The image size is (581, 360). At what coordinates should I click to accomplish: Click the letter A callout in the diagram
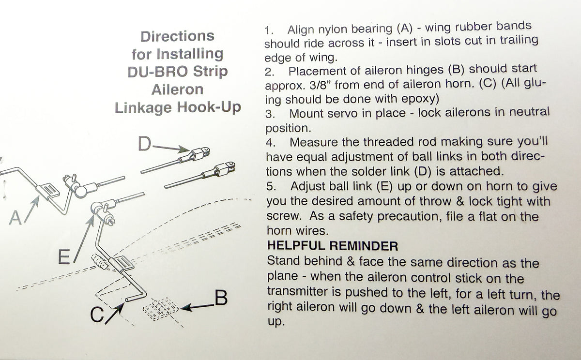15,219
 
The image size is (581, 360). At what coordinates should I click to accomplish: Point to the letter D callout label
144,144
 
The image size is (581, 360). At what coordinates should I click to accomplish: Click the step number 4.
270,144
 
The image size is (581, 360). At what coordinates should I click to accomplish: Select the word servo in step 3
339,114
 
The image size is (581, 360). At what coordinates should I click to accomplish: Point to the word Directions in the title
177,36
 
